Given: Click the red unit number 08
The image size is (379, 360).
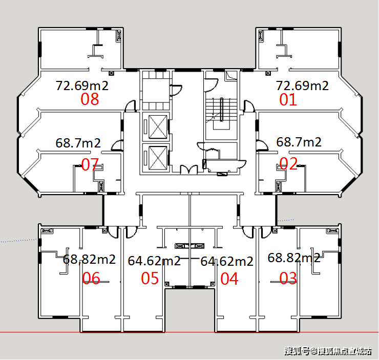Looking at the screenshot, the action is coord(90,99).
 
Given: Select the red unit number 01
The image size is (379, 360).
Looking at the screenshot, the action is coord(288,99).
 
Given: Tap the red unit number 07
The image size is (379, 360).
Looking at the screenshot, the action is coord(90,164).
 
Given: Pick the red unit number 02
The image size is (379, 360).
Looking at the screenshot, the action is coord(288,163).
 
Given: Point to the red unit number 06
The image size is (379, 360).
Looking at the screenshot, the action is coord(91,278).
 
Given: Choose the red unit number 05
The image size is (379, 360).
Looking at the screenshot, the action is coord(150,278).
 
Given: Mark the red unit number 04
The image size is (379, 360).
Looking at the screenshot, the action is coord(229,279).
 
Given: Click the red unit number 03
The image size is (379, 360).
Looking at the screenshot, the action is coord(288,278).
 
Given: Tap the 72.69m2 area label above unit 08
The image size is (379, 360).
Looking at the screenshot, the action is coord(82,86).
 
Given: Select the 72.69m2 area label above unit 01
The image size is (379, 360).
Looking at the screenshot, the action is coord(302,86).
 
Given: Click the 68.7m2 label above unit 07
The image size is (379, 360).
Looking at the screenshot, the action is coord(78,143).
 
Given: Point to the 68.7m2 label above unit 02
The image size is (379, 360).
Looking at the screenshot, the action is coord(299,142).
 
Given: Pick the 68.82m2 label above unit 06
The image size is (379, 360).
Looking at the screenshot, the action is coord(89,259).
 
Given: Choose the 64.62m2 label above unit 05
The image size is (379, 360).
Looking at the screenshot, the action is coord(154,261).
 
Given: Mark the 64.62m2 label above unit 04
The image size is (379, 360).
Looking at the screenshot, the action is coord(227,262).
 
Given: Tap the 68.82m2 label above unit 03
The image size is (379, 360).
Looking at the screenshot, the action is coord(294,258).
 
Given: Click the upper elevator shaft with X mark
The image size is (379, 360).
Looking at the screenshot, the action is coord(158,127).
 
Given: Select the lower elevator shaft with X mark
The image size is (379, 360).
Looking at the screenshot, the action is coord(158,158).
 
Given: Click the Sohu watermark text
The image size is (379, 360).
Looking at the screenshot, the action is coord(327,351).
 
